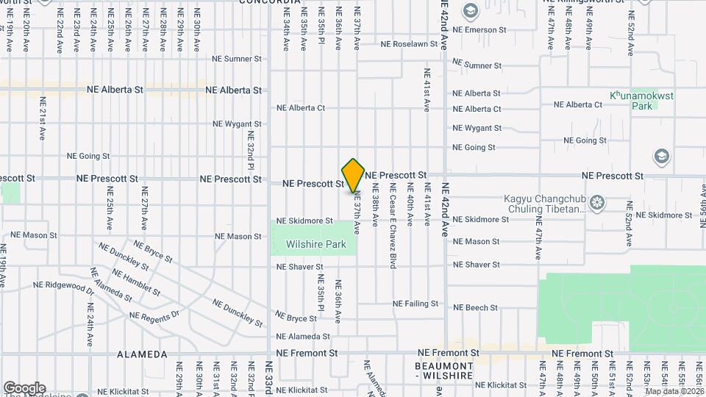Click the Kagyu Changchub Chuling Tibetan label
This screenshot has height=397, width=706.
pyautogui.click(x=545, y=204)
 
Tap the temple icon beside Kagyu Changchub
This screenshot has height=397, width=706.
pyautogui.click(x=596, y=201)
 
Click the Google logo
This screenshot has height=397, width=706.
pyautogui.click(x=24, y=387)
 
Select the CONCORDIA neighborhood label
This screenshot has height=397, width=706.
pyautogui.click(x=271, y=3)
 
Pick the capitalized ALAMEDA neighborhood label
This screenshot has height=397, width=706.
pyautogui.click(x=143, y=354)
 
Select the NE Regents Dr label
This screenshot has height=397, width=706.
pyautogui.click(x=154, y=315)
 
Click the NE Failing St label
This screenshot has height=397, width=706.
pyautogui.click(x=416, y=304)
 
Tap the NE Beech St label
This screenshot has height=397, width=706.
pyautogui.click(x=476, y=307)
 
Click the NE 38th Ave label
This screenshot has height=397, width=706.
pyautogui.click(x=375, y=210)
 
